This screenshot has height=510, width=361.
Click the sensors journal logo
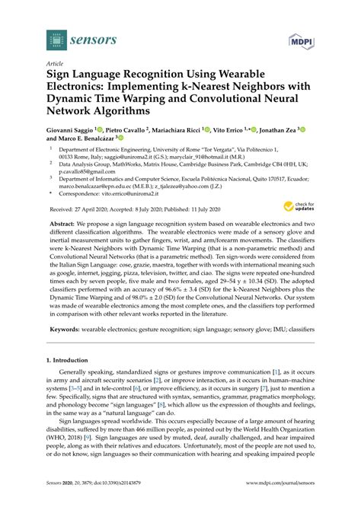[x=73, y=36]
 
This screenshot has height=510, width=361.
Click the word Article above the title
[x=55, y=65]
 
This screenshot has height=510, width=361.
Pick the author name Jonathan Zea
[x=302, y=130]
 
